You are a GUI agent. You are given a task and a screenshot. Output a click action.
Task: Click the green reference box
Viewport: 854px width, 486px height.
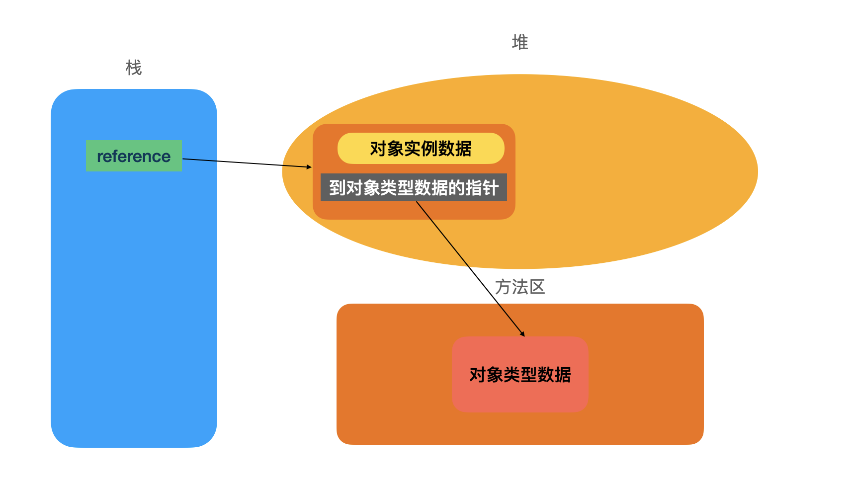coord(134,156)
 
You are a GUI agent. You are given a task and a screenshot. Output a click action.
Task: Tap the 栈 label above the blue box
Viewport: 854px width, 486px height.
coord(134,68)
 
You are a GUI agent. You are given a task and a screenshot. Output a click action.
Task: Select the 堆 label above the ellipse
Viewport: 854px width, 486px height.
coord(520,42)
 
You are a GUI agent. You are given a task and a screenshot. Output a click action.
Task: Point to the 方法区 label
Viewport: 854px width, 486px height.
coord(520,287)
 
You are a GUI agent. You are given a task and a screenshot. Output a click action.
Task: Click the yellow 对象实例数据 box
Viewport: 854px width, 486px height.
coord(421,148)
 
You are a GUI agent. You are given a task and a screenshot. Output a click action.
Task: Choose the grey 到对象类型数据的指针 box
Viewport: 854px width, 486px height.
coord(414,187)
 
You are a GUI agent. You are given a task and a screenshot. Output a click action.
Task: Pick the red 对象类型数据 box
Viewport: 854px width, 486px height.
coord(520,374)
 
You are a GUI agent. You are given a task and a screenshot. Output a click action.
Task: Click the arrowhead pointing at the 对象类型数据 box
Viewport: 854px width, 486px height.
coord(523,334)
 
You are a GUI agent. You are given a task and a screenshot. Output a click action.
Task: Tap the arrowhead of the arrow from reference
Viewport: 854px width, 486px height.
coord(309,167)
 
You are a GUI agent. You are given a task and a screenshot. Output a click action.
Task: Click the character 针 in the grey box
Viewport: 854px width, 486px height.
coord(490,188)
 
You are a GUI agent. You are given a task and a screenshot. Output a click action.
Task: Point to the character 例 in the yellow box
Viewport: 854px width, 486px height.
coord(429,149)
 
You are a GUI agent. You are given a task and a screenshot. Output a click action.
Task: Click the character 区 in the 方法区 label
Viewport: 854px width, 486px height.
coord(537,287)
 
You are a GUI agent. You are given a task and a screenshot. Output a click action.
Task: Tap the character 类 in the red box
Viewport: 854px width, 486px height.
coord(512,375)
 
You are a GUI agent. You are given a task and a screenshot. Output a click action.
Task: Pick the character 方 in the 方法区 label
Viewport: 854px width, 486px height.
coord(503,287)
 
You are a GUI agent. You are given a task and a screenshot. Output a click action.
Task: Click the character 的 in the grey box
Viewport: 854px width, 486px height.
coord(456,188)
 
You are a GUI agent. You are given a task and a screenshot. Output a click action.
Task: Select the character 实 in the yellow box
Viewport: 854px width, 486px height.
coord(413,149)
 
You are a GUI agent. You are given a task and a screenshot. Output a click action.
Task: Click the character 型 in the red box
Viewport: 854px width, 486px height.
coord(528,375)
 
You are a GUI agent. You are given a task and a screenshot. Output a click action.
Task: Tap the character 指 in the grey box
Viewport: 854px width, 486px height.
coord(473,188)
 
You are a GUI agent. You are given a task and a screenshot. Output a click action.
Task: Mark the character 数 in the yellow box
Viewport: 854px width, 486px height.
coord(446,149)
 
